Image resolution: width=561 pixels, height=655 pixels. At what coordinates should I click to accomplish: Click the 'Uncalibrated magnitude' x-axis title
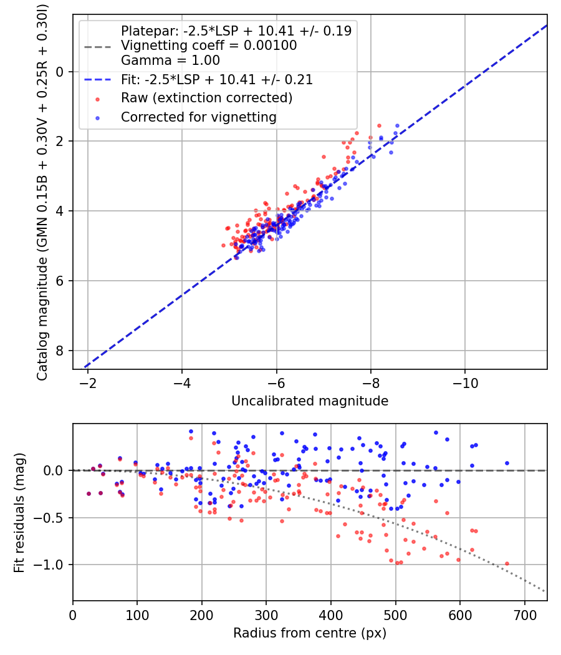pos(310,401)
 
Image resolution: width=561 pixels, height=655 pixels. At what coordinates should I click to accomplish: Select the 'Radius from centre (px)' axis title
pos(310,633)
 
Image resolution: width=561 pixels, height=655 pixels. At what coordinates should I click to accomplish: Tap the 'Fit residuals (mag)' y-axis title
pos(20,512)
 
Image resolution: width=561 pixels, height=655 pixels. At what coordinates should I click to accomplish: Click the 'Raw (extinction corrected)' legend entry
pos(206,98)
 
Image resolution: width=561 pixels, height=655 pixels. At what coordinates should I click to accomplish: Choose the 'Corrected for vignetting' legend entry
pos(199,117)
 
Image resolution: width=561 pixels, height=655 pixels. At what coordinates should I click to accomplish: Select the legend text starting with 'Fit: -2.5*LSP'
pos(216,80)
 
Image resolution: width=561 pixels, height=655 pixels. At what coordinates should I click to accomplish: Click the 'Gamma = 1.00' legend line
pos(170,61)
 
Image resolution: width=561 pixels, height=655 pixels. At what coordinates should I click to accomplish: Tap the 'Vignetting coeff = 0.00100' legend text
pos(209,46)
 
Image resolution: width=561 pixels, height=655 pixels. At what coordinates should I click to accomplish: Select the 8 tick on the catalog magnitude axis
pos(60,351)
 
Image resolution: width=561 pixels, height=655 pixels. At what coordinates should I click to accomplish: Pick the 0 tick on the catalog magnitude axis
pos(60,72)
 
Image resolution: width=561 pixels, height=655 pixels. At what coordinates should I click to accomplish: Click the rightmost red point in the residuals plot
pos(507,563)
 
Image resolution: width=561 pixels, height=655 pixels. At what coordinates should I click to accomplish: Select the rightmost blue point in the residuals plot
pos(507,463)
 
